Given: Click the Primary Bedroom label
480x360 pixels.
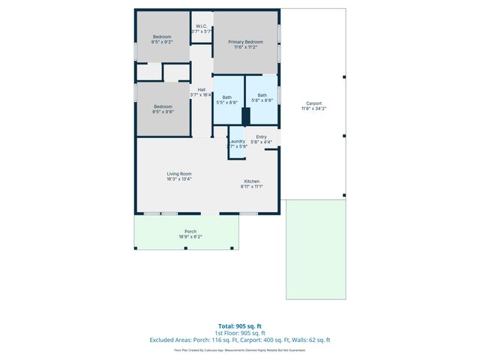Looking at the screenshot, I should point(245,42).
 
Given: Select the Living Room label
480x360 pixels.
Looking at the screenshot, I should point(179,174).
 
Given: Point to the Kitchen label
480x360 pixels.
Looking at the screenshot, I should point(251,181).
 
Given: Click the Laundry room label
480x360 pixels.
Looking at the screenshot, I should point(237,141).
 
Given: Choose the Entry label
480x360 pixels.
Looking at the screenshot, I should point(261,136).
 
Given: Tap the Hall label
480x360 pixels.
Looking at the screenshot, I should point(201,90).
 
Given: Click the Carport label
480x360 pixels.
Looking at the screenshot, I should point(313,103).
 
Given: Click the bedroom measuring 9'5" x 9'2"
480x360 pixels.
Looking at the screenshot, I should point(162,40).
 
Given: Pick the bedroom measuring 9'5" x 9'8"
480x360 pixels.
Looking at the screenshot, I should point(163,109).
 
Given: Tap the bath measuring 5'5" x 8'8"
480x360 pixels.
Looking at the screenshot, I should point(226,99).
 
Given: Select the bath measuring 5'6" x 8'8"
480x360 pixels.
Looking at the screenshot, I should point(262,98).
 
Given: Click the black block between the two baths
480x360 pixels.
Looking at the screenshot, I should point(245,116).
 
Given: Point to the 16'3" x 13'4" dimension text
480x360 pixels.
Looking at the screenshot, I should point(179,179).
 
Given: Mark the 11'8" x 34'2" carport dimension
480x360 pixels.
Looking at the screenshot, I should point(313,109).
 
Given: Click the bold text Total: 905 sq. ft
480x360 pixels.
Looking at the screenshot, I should point(239,326).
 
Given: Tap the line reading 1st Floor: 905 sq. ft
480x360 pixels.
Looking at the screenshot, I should point(239,333).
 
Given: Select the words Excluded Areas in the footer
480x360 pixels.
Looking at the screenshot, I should point(171,340).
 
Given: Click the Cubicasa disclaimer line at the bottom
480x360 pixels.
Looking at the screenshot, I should point(239,349).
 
